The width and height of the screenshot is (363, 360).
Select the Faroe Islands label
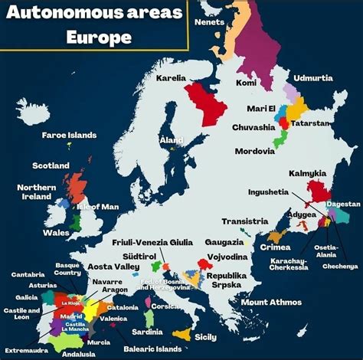[x=69, y=135]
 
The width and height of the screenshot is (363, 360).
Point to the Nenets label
[x=210, y=21]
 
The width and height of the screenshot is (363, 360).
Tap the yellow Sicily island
[x=184, y=334]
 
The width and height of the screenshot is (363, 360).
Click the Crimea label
[x=275, y=247]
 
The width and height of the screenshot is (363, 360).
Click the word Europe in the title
[x=99, y=36]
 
